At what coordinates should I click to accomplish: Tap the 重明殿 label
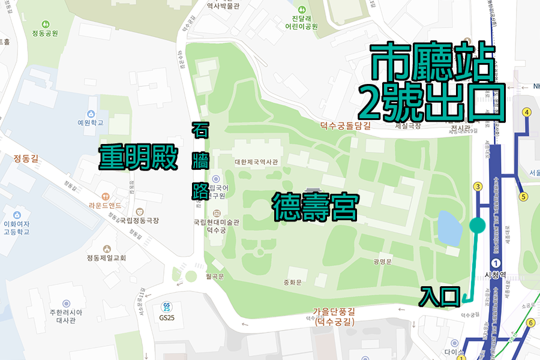[139, 158]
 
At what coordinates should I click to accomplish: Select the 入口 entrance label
[439, 296]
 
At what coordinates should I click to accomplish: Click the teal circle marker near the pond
[477, 226]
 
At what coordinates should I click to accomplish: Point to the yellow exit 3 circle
[478, 187]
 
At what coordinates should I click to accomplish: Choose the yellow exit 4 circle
[526, 112]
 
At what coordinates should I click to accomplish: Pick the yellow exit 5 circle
[523, 196]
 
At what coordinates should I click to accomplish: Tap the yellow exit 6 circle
[530, 323]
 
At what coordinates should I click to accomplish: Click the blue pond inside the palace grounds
[449, 227]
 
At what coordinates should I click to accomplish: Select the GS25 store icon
[167, 305]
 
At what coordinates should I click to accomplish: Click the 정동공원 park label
[46, 34]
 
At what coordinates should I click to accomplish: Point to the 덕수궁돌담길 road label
[345, 125]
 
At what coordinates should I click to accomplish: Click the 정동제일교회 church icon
[107, 249]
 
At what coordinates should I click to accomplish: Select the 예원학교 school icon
[91, 114]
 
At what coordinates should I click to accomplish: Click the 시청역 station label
[497, 277]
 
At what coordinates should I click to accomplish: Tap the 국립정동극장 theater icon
[140, 211]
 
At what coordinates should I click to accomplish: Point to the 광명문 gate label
[382, 261]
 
